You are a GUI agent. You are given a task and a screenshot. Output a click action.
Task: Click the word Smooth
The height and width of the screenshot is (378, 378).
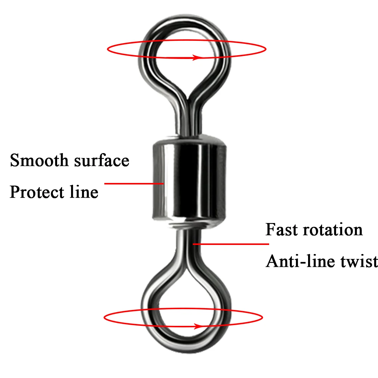click(39, 160)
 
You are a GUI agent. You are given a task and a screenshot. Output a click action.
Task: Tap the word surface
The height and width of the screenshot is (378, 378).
click(102, 161)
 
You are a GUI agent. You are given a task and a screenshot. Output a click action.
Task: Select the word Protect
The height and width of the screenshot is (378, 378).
click(37, 192)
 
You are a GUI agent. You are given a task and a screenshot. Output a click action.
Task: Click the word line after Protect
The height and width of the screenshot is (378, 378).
click(84, 192)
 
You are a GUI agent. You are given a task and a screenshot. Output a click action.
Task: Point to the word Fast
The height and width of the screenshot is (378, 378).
click(281, 229)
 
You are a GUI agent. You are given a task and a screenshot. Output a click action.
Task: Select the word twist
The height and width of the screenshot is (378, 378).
click(359, 261)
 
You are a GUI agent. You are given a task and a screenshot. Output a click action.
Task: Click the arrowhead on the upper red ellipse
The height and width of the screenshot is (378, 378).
click(197, 57)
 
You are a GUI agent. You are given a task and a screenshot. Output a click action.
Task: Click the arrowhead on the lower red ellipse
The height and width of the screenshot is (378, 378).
click(199, 327)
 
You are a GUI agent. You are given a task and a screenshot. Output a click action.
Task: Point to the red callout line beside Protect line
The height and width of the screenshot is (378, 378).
click(134, 183)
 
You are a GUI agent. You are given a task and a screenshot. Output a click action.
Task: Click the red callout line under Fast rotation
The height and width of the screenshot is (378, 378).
click(231, 244)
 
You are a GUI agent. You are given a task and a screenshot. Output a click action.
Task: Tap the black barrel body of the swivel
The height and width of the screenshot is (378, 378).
click(189, 180)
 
